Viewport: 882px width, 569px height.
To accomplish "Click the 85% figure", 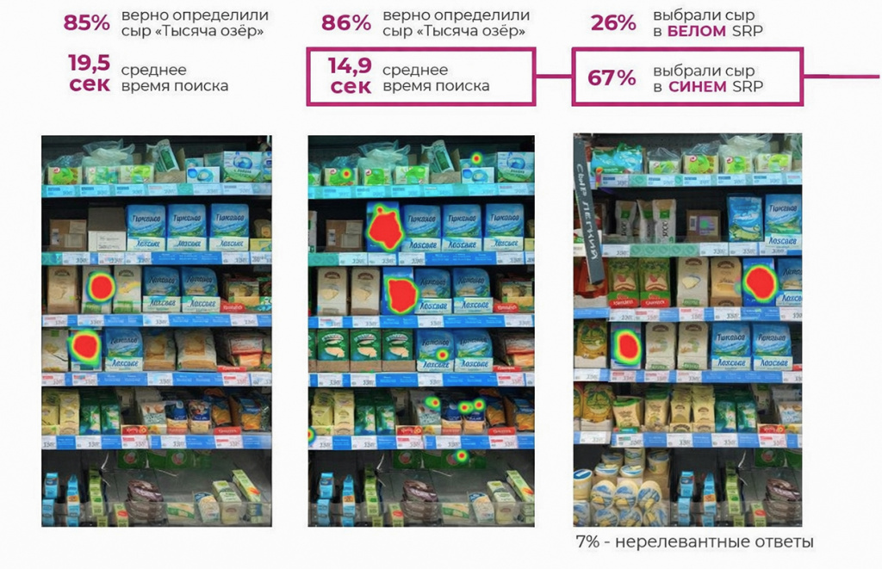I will [87, 23].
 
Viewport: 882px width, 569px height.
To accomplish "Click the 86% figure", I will [345, 23].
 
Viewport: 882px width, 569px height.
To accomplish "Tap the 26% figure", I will [613, 23].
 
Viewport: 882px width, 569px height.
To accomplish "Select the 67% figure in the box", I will [612, 78].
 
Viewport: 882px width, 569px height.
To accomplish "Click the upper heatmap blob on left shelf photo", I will [101, 287].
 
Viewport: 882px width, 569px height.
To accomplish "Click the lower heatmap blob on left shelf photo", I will [85, 345].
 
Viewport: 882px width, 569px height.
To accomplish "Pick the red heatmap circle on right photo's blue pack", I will [760, 281].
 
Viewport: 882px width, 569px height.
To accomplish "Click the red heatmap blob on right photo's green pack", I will [626, 345].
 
